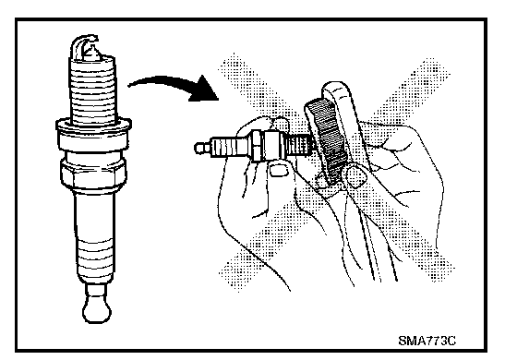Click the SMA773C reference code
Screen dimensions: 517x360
click(x=427, y=341)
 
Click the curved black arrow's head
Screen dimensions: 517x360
click(x=205, y=90)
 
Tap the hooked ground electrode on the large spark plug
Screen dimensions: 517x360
click(x=85, y=45)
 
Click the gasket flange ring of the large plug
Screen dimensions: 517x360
click(x=93, y=126)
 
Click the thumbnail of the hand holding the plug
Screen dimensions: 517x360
click(x=278, y=170)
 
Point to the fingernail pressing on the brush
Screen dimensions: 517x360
click(x=355, y=176)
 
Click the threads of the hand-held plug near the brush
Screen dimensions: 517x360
click(x=299, y=145)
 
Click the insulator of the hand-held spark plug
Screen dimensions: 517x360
click(x=230, y=147)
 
